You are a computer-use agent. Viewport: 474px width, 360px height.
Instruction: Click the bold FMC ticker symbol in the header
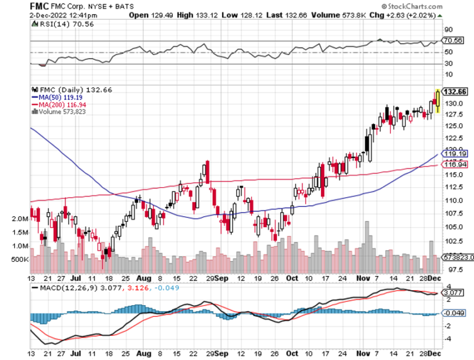pos(39,6)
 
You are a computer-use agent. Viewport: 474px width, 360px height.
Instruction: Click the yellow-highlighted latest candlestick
pos(438,100)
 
